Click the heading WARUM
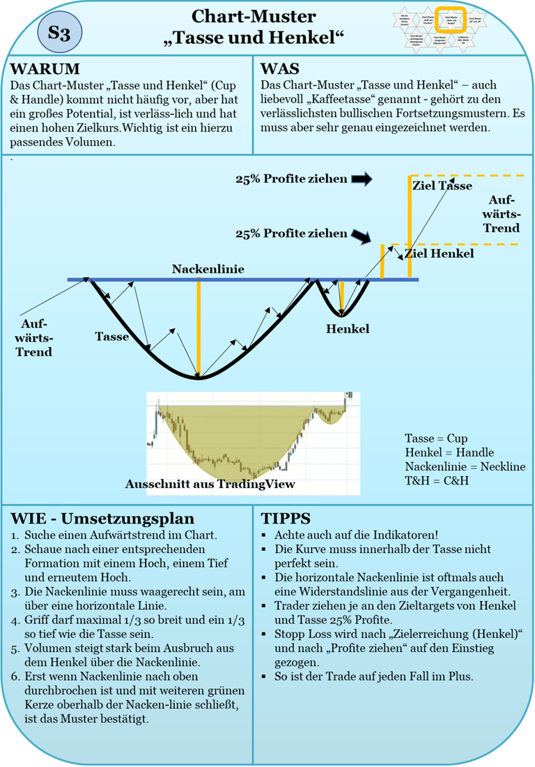coord(45,69)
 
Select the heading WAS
coord(280,69)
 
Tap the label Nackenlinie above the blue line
coord(208,268)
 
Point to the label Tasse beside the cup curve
coord(111,336)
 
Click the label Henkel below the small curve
coord(348,328)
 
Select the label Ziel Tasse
coord(442,185)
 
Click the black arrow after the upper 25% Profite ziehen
coord(362,179)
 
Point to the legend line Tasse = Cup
coord(436,439)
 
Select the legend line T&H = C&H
coord(437,481)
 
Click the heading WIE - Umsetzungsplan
coord(102,519)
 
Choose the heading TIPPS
coord(286,519)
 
